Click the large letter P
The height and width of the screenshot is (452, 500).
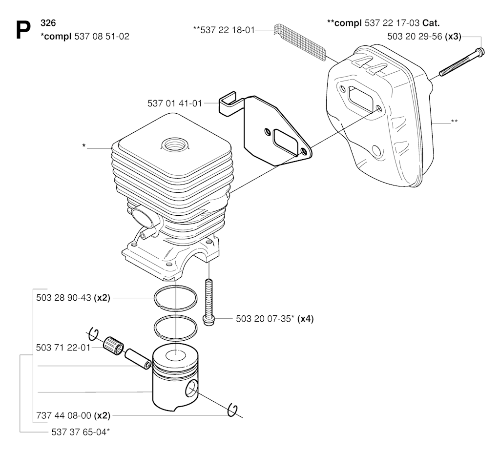click(x=23, y=30)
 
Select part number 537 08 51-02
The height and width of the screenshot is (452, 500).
click(x=102, y=36)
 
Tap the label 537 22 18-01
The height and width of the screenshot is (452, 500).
click(x=228, y=30)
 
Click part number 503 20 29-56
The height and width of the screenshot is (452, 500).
click(x=415, y=36)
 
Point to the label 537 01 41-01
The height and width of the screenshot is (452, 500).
click(x=175, y=103)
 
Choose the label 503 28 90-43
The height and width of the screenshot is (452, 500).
click(x=64, y=298)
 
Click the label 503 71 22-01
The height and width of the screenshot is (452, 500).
click(x=63, y=348)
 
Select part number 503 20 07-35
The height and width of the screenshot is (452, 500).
click(x=263, y=319)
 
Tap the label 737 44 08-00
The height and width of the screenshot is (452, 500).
click(x=64, y=416)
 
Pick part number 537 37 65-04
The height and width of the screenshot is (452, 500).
click(x=79, y=432)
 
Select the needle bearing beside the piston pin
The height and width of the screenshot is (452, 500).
click(x=114, y=346)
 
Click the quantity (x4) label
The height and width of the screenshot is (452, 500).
click(x=306, y=319)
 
